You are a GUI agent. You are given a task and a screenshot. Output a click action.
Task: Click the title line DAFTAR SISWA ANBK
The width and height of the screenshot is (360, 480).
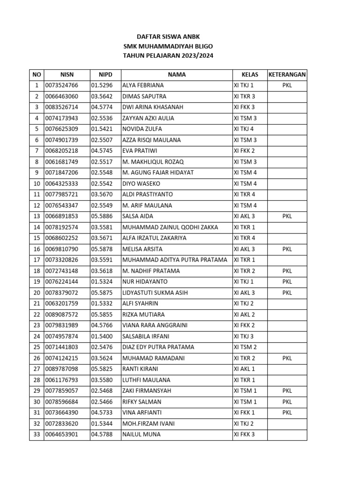[x=171, y=36]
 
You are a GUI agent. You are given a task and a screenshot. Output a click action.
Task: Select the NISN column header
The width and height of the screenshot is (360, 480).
[x=67, y=75]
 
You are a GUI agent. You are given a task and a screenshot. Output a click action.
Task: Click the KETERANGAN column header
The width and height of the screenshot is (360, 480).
[x=287, y=75]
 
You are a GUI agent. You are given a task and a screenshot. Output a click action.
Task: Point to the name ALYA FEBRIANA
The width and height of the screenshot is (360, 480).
[x=143, y=85]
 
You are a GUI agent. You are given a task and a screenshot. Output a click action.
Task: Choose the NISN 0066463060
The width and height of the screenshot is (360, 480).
[x=61, y=97]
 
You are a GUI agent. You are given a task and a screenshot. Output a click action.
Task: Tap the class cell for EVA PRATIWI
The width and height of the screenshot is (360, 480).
[x=244, y=151]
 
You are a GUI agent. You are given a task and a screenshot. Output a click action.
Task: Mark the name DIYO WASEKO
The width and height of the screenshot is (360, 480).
[x=141, y=184]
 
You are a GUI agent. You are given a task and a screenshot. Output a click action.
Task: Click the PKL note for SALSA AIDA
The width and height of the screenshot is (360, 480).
[x=287, y=217]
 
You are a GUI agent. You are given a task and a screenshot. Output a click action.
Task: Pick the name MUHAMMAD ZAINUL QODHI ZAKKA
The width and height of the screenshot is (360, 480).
[x=170, y=227]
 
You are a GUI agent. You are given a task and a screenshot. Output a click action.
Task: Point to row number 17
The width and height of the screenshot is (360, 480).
[x=36, y=260]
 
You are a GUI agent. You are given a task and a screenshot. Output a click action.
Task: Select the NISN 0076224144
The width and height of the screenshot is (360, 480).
[x=61, y=282]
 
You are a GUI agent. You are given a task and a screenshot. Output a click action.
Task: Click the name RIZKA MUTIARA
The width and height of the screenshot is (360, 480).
[x=143, y=315]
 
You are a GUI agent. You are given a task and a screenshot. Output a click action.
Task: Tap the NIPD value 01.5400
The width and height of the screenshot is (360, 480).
[x=102, y=336]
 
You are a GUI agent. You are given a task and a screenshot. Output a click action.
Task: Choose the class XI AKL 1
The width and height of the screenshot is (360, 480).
[x=244, y=369]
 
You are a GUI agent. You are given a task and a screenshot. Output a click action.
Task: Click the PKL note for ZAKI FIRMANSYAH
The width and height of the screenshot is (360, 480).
[x=287, y=391]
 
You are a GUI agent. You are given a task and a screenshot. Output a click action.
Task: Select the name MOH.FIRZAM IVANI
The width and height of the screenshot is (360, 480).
[x=148, y=424]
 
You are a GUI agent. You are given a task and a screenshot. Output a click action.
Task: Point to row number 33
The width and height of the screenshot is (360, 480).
[x=36, y=435]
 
